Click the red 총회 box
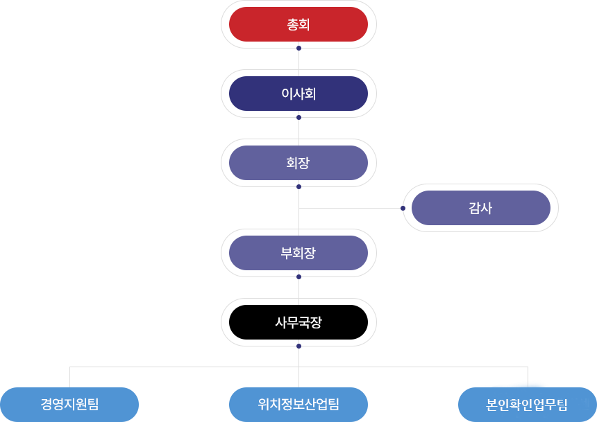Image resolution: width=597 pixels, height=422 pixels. coord(298,24)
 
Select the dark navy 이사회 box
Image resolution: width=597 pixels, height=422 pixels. coord(298,94)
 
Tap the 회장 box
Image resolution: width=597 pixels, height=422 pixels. coord(298,163)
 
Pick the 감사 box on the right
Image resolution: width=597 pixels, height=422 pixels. coord(480,208)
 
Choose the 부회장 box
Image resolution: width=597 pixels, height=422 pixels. coord(298,253)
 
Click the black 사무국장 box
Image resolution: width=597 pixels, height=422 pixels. coord(298,322)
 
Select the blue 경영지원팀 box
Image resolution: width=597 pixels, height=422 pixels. coord(69,404)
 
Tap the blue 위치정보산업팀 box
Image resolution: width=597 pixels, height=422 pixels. coord(298,404)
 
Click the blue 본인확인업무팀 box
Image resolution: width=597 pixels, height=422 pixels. coord(527,404)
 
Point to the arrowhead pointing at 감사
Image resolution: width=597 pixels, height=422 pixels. coord(402,208)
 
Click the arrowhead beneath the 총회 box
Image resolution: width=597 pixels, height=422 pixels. coord(298,49)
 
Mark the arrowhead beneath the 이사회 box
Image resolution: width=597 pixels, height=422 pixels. coord(298,118)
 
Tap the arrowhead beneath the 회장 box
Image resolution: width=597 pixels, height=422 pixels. coord(298,187)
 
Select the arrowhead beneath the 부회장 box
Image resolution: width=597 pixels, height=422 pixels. coord(298,277)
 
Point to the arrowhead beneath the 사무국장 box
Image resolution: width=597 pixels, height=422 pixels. coord(298,346)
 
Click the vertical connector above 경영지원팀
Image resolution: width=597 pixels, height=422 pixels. coord(69,376)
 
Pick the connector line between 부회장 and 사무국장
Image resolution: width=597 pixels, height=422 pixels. coord(298,290)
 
